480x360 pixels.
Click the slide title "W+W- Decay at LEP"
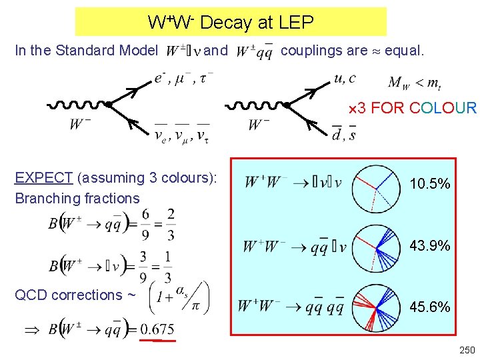click(x=231, y=23)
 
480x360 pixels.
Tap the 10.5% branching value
click(x=429, y=184)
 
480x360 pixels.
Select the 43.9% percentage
click(x=429, y=246)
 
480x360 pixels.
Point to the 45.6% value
click(x=429, y=307)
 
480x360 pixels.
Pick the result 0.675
click(x=158, y=329)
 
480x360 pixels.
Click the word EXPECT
click(x=43, y=178)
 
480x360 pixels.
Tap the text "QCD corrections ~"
click(x=75, y=295)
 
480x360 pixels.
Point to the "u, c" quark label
click(x=345, y=79)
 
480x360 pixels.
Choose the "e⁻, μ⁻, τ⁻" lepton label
click(x=183, y=79)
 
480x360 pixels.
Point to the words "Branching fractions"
click(x=77, y=198)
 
